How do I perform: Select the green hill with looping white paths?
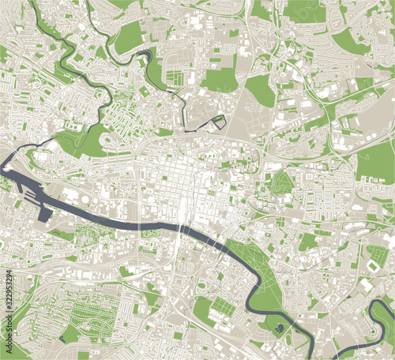pos(281,183)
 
